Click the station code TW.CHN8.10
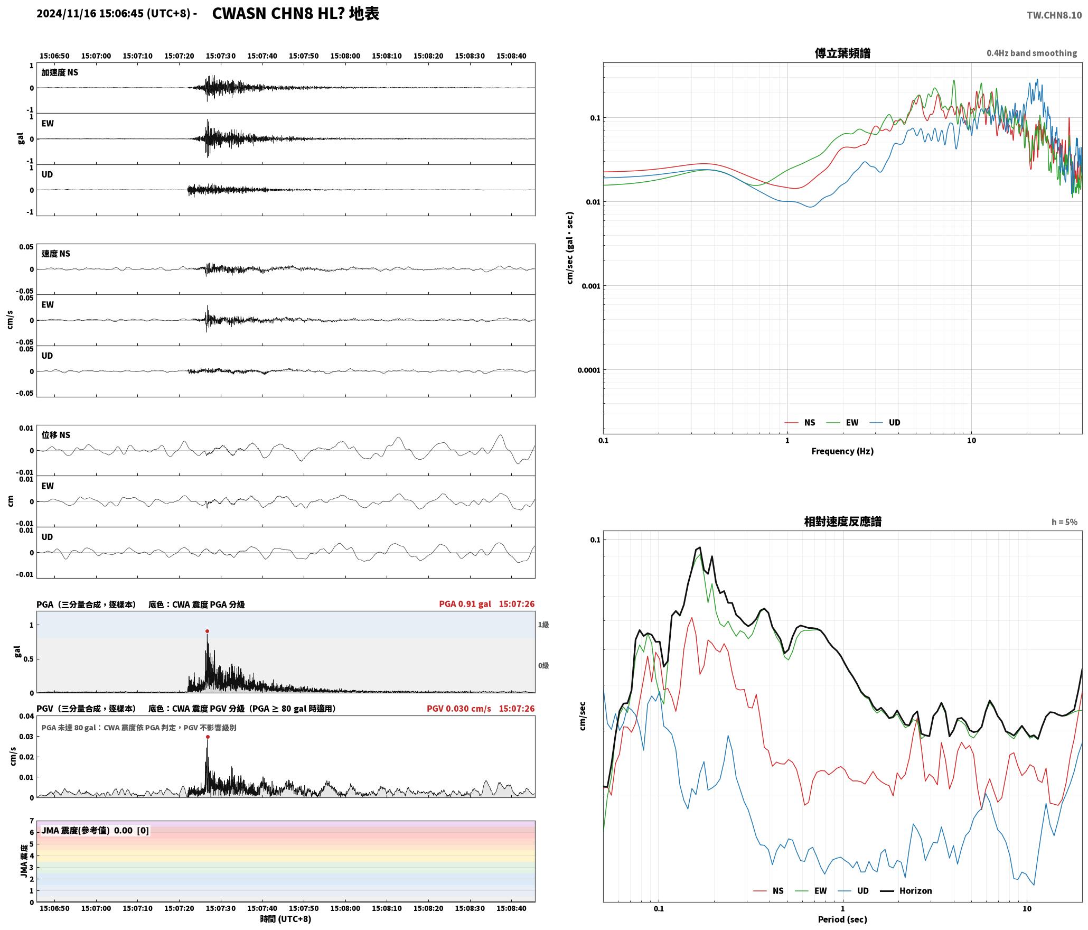[x=1054, y=15]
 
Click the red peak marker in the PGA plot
[x=207, y=631]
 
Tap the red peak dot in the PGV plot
[x=208, y=737]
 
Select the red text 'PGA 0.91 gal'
[x=465, y=604]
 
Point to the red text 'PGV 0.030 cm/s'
[x=458, y=709]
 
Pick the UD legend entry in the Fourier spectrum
[x=885, y=423]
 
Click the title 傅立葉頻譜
[x=842, y=53]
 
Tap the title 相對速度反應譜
[x=842, y=522]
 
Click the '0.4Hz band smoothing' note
[x=1031, y=53]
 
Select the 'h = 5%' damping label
[x=1064, y=522]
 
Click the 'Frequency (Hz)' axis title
[x=842, y=451]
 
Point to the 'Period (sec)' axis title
[x=842, y=919]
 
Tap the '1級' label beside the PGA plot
[x=543, y=625]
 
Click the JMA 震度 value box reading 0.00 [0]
[x=95, y=831]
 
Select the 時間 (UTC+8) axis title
[x=286, y=919]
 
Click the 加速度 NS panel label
[x=60, y=72]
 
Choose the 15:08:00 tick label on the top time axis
[x=345, y=56]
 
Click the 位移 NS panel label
[x=56, y=435]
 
